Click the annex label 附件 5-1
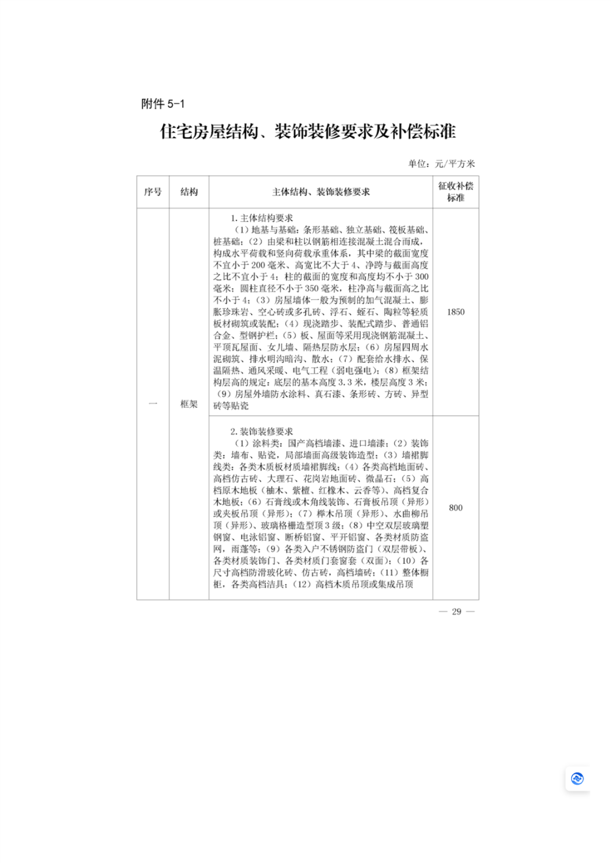click(163, 104)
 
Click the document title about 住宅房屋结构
click(308, 131)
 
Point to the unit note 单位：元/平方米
click(441, 164)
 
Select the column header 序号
click(153, 192)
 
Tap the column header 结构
click(189, 192)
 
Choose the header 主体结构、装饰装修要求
click(321, 192)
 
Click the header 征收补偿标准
click(455, 192)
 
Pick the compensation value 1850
click(455, 312)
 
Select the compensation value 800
click(455, 508)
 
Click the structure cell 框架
click(189, 404)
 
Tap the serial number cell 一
click(153, 404)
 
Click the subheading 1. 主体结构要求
click(262, 218)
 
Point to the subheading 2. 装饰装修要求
click(262, 431)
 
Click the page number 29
click(456, 611)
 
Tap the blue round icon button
click(577, 779)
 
